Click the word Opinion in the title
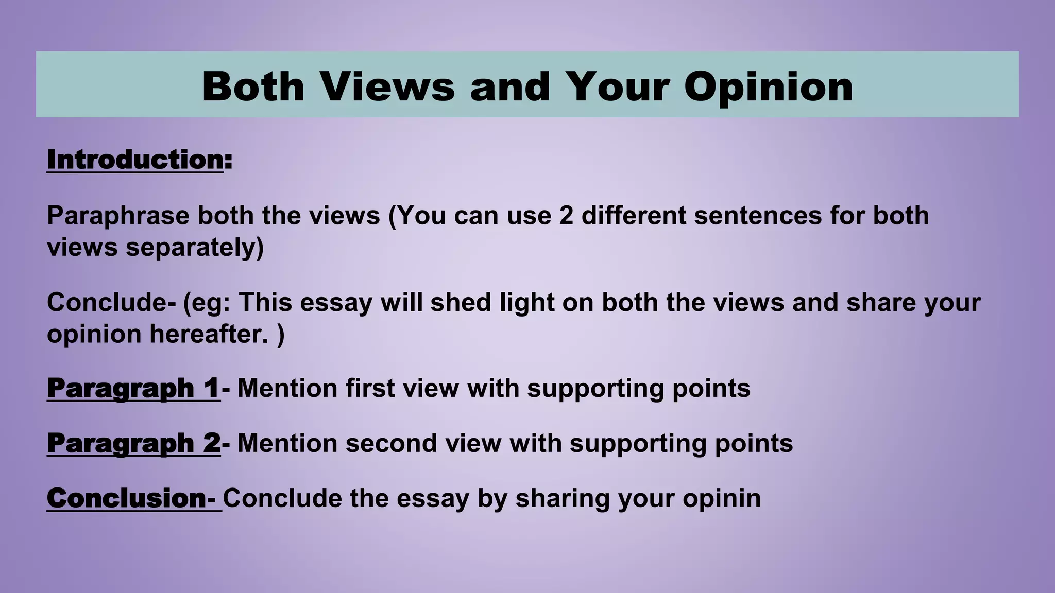(x=768, y=87)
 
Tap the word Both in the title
(x=253, y=87)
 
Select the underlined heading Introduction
(x=135, y=160)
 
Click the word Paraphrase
(x=118, y=215)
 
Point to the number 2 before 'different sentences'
(x=566, y=215)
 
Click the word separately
(x=195, y=247)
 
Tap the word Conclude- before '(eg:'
(x=111, y=302)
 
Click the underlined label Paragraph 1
(x=133, y=388)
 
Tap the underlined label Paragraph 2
(x=133, y=443)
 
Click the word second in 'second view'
(x=391, y=443)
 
